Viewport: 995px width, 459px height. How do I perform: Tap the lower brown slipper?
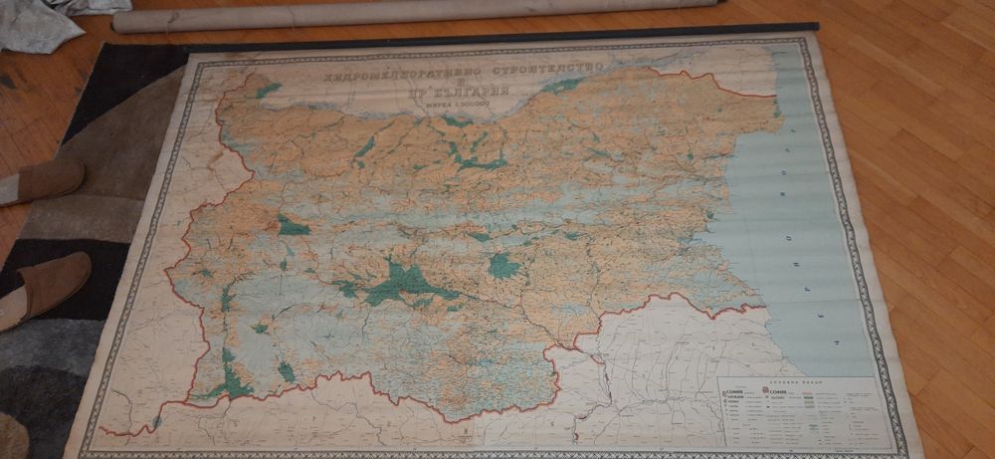pos(44,289)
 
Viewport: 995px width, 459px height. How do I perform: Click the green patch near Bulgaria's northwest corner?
pos(267,90)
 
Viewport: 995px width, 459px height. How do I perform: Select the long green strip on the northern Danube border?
pos(562,87)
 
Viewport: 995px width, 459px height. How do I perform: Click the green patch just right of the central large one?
pos(503,266)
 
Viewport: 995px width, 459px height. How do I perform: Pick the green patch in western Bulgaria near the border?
pos(292,226)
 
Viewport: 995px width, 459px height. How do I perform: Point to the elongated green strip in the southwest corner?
pos(232,378)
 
